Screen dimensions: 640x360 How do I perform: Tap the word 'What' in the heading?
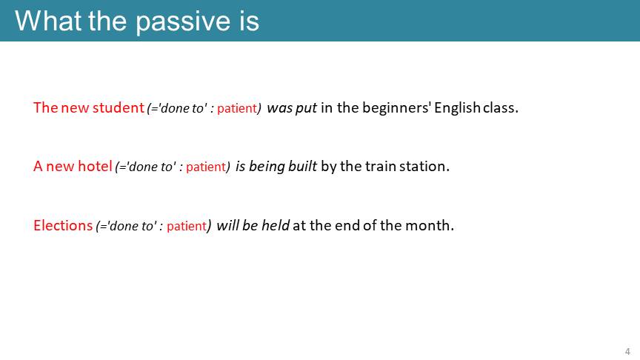tap(47, 20)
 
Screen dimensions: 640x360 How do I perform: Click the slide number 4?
tap(627, 351)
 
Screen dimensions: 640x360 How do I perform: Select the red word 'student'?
tap(119, 107)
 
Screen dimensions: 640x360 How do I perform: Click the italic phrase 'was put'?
tap(292, 107)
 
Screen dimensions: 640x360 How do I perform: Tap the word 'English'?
tap(457, 107)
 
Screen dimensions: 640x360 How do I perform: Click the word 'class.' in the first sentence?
tap(501, 107)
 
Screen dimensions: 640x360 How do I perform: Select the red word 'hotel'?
tap(95, 166)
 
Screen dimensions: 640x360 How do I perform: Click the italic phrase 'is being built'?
tap(276, 167)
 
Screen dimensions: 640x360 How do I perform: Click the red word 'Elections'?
tap(63, 225)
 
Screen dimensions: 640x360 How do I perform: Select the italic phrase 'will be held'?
tap(253, 225)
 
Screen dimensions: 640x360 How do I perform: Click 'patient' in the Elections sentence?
tap(187, 226)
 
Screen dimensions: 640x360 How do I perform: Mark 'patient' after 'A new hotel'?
tap(206, 167)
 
